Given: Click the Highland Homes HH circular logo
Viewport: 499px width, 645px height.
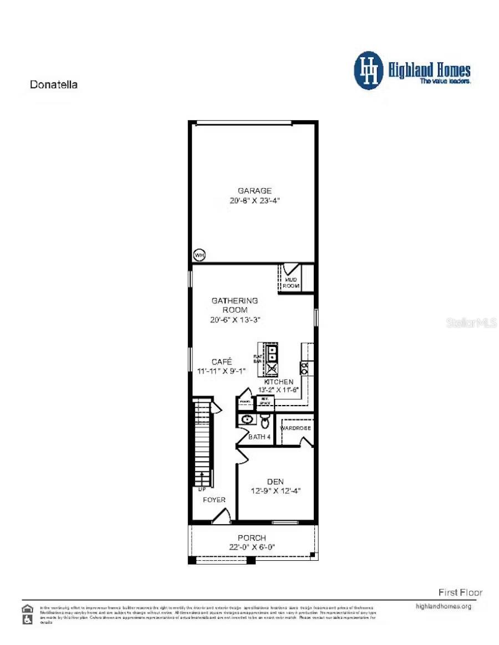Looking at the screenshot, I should (x=369, y=70).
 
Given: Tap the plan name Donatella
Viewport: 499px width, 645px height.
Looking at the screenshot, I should (x=53, y=85).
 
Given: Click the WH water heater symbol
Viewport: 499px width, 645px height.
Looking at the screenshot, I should (x=199, y=255).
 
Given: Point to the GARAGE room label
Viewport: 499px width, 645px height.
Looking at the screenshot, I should (x=254, y=191).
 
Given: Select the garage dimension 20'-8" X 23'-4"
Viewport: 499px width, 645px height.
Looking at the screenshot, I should (x=254, y=201).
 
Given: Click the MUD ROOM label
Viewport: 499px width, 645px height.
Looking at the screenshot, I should (x=292, y=283).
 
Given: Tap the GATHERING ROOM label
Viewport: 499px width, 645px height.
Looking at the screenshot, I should (x=235, y=305).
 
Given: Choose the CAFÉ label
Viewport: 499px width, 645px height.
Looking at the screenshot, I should (x=221, y=361).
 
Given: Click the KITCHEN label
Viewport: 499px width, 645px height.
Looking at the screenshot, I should (x=278, y=382).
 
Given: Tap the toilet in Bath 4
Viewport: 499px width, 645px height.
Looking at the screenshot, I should (x=265, y=422).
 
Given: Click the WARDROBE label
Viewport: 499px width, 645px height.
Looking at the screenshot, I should (x=296, y=428).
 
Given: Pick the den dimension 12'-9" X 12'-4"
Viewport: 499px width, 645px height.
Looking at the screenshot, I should (x=276, y=490).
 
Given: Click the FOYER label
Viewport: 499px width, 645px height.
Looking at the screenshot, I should (x=214, y=500).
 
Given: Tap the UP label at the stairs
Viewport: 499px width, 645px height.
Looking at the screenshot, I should (x=201, y=490).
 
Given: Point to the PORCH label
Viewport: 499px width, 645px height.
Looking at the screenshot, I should (x=252, y=537).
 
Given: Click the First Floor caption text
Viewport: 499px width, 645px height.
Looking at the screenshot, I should (x=460, y=592).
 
